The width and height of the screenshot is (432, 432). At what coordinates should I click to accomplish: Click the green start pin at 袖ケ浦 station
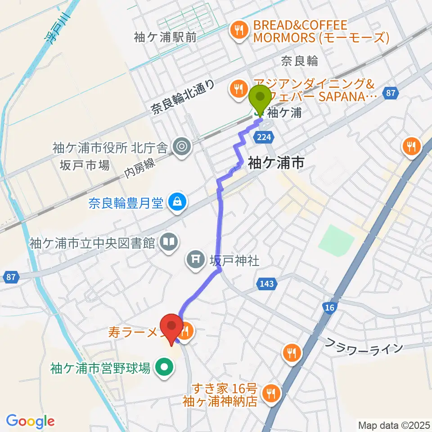[260, 97]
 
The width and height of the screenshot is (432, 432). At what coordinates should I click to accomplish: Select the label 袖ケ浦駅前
[166, 37]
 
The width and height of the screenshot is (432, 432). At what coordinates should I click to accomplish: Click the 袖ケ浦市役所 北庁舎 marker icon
[182, 145]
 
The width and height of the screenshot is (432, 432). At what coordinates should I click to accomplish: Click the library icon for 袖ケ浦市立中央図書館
[169, 243]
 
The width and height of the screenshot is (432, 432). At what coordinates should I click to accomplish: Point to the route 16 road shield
[329, 307]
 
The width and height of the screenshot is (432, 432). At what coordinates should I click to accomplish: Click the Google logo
[30, 421]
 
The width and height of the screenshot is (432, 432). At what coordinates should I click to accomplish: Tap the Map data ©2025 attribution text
[393, 424]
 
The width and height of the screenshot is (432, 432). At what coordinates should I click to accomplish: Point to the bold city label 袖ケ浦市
[275, 162]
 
